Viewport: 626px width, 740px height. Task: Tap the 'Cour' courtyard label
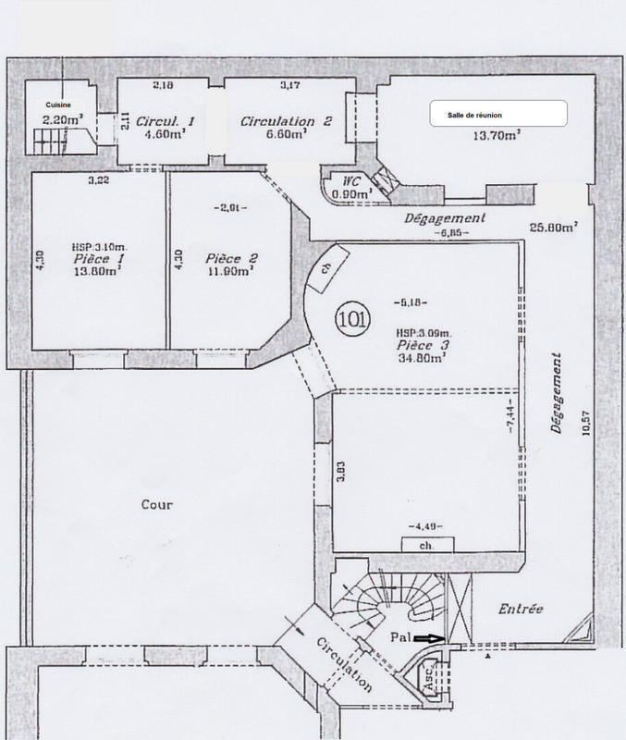point(157,505)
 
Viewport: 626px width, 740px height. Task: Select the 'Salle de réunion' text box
point(497,113)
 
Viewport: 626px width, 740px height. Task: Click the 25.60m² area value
point(555,226)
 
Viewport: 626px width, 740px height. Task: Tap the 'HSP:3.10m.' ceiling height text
point(95,248)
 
